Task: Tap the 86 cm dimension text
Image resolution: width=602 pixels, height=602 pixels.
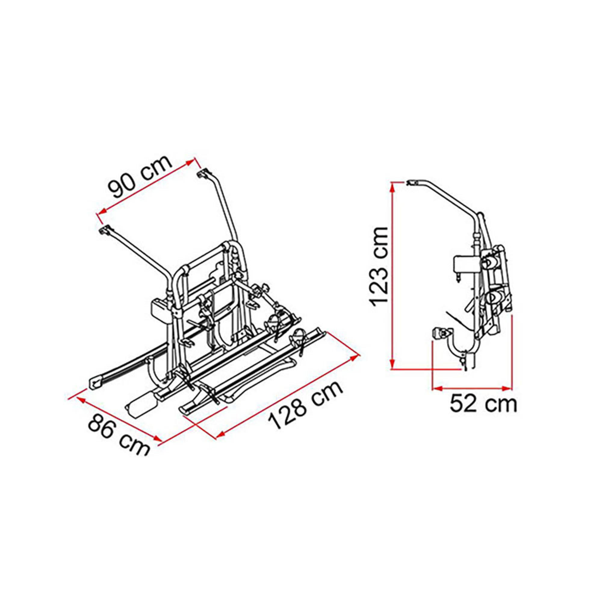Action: (118, 440)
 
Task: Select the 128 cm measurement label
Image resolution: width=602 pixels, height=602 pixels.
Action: (306, 405)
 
